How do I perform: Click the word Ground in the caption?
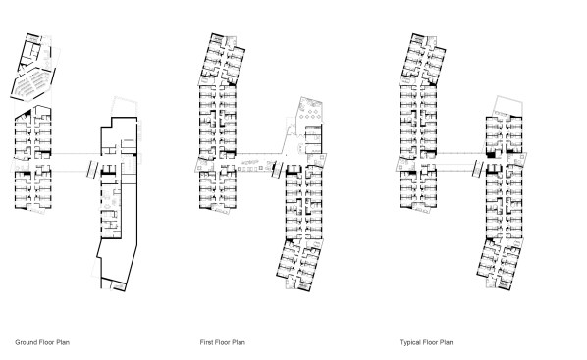(26, 342)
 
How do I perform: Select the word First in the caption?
(207, 342)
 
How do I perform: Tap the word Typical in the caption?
(410, 342)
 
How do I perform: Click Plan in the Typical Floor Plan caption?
(446, 342)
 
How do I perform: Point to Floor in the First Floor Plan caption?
(223, 342)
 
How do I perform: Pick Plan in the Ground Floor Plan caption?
(63, 342)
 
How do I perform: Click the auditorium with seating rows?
(31, 84)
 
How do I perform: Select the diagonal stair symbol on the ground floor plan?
(92, 169)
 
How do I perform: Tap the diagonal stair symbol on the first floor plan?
(277, 170)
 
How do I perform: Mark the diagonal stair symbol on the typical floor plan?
(478, 169)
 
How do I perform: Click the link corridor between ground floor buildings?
(76, 163)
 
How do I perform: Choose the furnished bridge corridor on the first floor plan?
(254, 163)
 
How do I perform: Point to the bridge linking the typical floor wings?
(461, 162)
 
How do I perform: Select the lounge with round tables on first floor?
(309, 111)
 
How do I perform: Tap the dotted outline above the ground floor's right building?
(124, 107)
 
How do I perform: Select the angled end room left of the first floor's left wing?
(203, 164)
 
